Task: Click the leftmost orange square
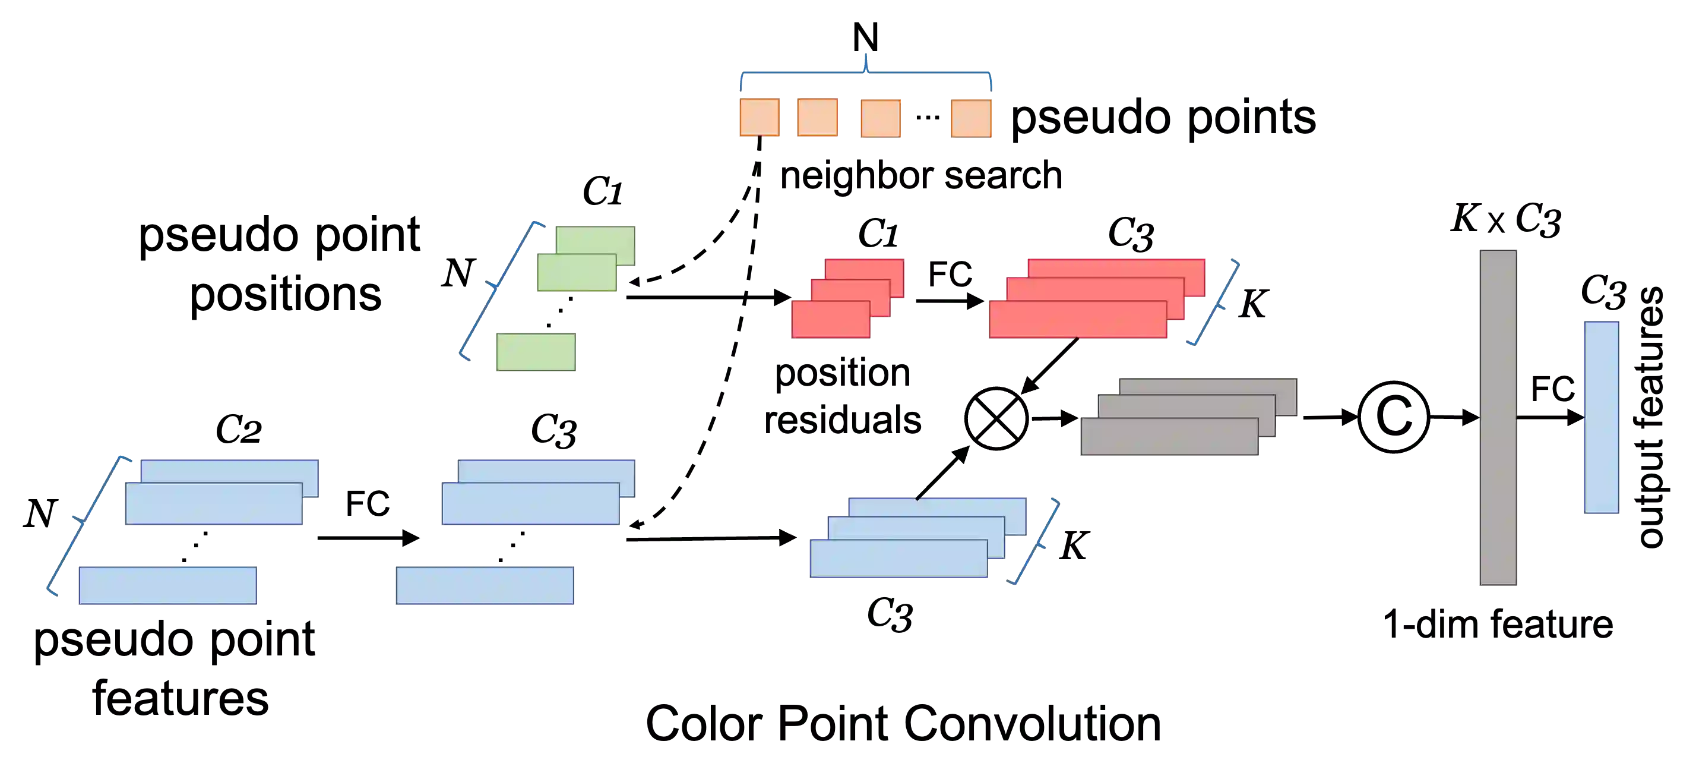click(x=759, y=117)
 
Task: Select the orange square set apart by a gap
click(x=970, y=118)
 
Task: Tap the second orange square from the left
click(x=817, y=117)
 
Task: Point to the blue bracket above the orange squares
click(x=866, y=74)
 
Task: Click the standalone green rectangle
click(x=537, y=354)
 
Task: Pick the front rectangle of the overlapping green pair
click(x=576, y=274)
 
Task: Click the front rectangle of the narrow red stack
click(x=830, y=320)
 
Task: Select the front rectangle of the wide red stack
click(x=1077, y=320)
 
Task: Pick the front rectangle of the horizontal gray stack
click(x=1169, y=437)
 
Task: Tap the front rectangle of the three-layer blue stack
click(x=897, y=559)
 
